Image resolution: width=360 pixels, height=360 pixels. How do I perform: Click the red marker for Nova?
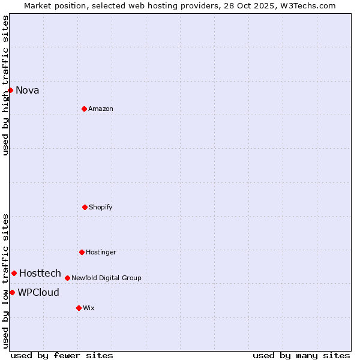(10, 90)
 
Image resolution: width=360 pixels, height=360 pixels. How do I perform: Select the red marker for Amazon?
(84, 109)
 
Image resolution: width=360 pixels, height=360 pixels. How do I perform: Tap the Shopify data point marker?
(85, 207)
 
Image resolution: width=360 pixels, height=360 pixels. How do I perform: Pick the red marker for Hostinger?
(82, 252)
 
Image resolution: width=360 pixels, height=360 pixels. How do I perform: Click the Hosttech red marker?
(14, 273)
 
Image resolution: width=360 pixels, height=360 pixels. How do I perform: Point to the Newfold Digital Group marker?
(67, 278)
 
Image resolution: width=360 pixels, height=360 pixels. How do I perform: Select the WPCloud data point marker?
(12, 292)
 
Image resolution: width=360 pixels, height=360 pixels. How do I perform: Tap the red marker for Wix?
(79, 308)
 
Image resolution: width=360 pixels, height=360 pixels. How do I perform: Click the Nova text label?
(28, 91)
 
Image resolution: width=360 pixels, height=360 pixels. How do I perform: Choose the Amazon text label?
(101, 109)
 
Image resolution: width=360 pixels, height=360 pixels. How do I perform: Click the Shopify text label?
(101, 208)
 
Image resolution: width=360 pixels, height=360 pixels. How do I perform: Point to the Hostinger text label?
(101, 253)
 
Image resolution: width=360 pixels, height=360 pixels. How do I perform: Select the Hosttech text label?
(40, 274)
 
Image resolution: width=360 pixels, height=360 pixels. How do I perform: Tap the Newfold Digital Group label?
(106, 278)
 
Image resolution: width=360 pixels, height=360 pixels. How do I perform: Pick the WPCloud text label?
(38, 293)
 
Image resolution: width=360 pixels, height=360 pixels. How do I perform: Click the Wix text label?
(89, 308)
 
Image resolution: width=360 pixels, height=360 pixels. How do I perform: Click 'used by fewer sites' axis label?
(62, 355)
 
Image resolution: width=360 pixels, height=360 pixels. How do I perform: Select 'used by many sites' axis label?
(301, 355)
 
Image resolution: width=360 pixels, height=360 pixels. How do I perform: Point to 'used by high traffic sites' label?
(5, 85)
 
